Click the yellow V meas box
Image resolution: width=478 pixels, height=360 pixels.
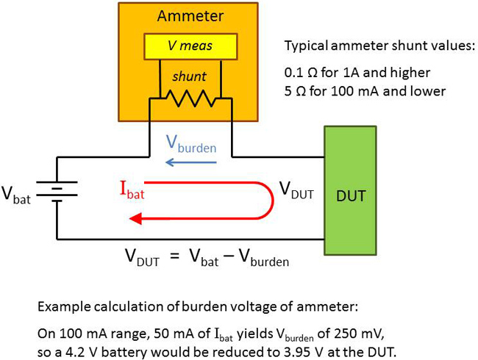(190, 46)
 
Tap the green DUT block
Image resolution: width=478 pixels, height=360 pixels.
(350, 198)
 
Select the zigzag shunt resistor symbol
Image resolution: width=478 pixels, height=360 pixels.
(190, 97)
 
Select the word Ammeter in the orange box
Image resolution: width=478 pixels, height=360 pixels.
(189, 17)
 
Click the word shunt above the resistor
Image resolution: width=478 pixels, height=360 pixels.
(190, 76)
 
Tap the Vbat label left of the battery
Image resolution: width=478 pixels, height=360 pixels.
(18, 197)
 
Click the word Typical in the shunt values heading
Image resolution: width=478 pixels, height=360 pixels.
(304, 46)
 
